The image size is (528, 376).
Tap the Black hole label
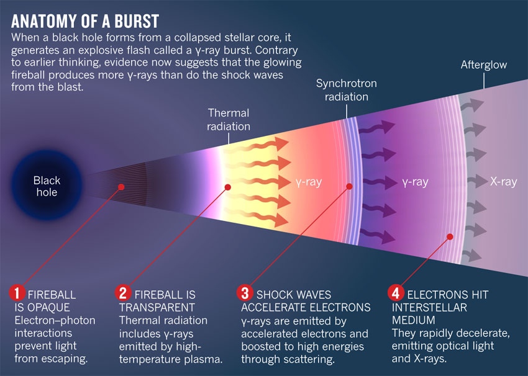tap(47, 186)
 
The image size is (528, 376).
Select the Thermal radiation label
tap(229, 120)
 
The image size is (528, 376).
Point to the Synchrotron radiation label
tap(346, 90)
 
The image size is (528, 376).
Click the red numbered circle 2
tap(124, 292)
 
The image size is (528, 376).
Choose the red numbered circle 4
tap(396, 292)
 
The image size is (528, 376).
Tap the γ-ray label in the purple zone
tap(415, 182)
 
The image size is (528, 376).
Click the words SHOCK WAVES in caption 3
tap(294, 293)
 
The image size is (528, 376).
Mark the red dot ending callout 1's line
tap(121, 186)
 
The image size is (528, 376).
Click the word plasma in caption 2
tap(203, 359)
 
